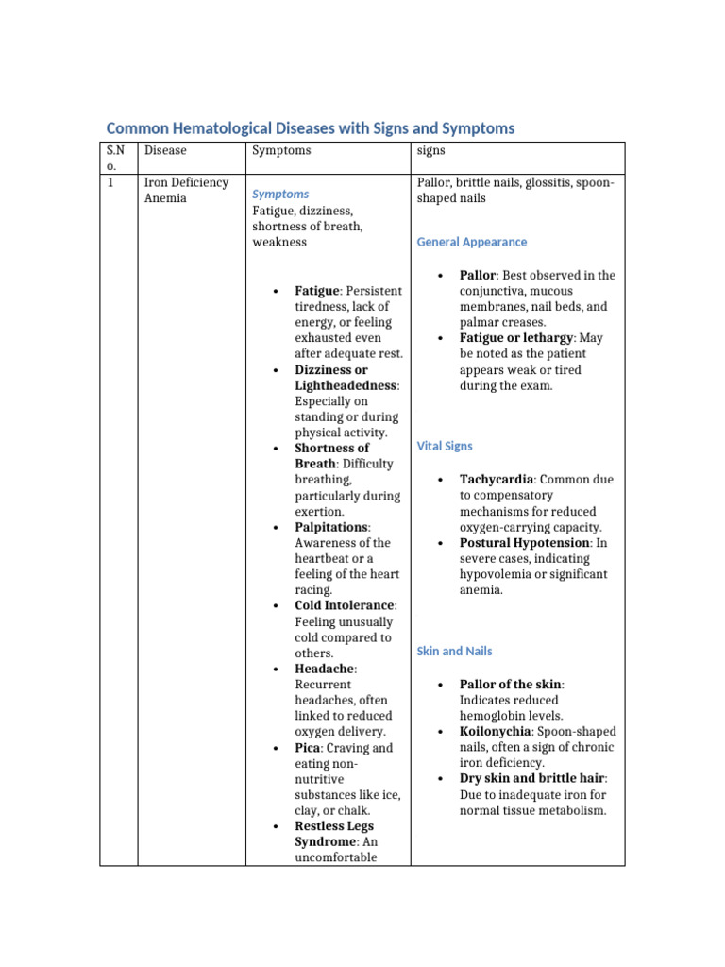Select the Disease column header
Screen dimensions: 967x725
[x=165, y=150]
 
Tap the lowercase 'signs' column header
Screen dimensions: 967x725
[x=431, y=150]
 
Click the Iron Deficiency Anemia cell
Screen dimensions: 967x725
[x=185, y=190]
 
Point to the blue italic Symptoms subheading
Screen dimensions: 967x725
[x=280, y=194]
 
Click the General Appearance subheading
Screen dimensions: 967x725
[x=472, y=242]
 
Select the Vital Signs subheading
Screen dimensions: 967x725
[x=445, y=446]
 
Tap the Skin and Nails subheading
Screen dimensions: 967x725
[x=454, y=651]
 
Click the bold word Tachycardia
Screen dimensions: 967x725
[x=496, y=480]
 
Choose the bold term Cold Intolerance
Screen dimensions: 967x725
[x=344, y=605]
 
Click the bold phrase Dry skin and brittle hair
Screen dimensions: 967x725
[x=532, y=779]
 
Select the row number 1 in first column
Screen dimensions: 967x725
[x=110, y=182]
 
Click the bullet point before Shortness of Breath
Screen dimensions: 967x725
[x=274, y=449]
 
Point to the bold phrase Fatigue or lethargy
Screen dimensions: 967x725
[x=517, y=338]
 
